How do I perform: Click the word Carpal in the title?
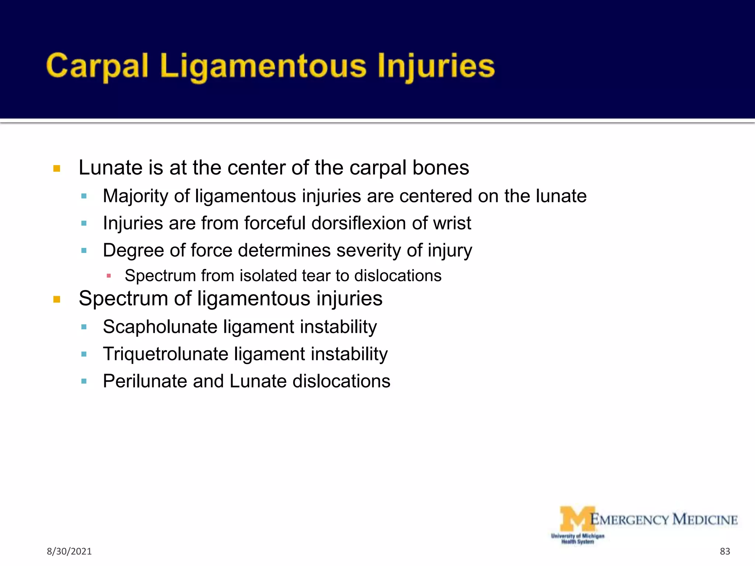coord(97,66)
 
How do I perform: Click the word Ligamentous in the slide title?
coord(263,66)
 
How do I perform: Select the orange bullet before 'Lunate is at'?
coord(57,169)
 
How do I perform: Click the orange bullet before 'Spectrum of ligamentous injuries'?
coord(57,299)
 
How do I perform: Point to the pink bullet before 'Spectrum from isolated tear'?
coord(109,276)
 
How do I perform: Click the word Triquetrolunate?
coord(166,354)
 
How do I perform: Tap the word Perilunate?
coord(145,381)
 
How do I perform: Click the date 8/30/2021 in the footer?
coord(69,551)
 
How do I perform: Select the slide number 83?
coord(725,551)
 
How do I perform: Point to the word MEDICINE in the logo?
coord(705,520)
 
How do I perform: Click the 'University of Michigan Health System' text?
coord(577,539)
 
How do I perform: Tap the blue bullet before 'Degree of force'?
coord(84,251)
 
